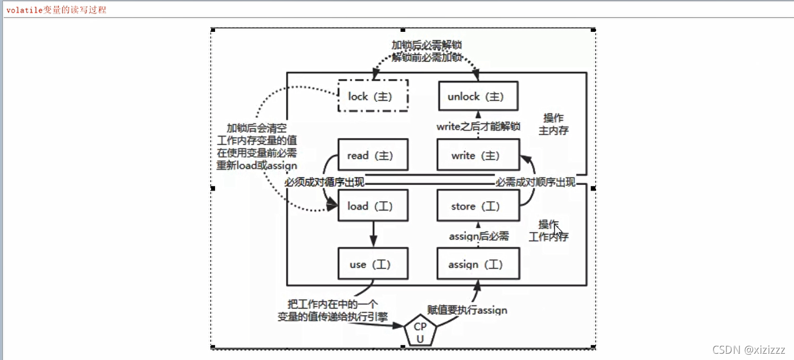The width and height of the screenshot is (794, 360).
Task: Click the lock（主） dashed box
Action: (373, 96)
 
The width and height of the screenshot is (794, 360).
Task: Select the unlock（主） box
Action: (478, 96)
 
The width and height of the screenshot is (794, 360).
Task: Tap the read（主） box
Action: (373, 155)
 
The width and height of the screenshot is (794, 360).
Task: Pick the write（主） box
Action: (478, 155)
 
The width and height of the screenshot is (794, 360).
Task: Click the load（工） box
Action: (373, 206)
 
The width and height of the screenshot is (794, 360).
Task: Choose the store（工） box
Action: (478, 206)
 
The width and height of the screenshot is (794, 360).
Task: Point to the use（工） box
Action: (373, 264)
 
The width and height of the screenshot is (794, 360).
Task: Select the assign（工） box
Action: (478, 264)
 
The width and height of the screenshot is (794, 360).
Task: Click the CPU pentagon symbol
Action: (420, 332)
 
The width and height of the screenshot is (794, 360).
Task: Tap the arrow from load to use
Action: (373, 234)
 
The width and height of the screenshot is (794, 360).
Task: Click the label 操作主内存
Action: (553, 124)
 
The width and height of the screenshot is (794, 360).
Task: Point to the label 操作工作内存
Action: (548, 230)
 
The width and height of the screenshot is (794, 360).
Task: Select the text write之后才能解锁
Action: (478, 127)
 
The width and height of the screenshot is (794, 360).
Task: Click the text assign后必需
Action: (479, 236)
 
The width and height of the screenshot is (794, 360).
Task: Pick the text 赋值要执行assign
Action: (467, 311)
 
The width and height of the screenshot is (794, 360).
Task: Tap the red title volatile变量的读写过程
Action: (56, 10)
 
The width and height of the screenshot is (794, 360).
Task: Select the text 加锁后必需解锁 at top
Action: (426, 45)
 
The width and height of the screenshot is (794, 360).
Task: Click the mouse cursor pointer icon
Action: (558, 230)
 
